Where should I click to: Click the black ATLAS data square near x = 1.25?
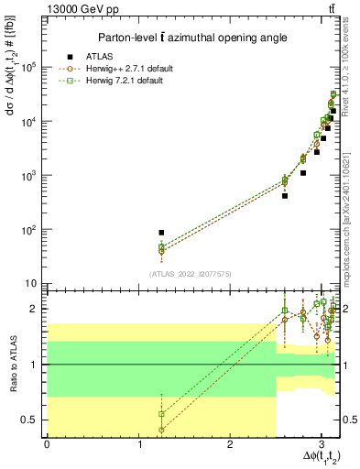click(x=161, y=233)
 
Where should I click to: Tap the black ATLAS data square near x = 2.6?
click(x=285, y=196)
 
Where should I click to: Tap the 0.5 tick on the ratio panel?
click(x=29, y=420)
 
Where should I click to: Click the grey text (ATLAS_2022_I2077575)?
click(x=190, y=273)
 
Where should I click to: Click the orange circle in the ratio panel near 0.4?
click(x=161, y=430)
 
